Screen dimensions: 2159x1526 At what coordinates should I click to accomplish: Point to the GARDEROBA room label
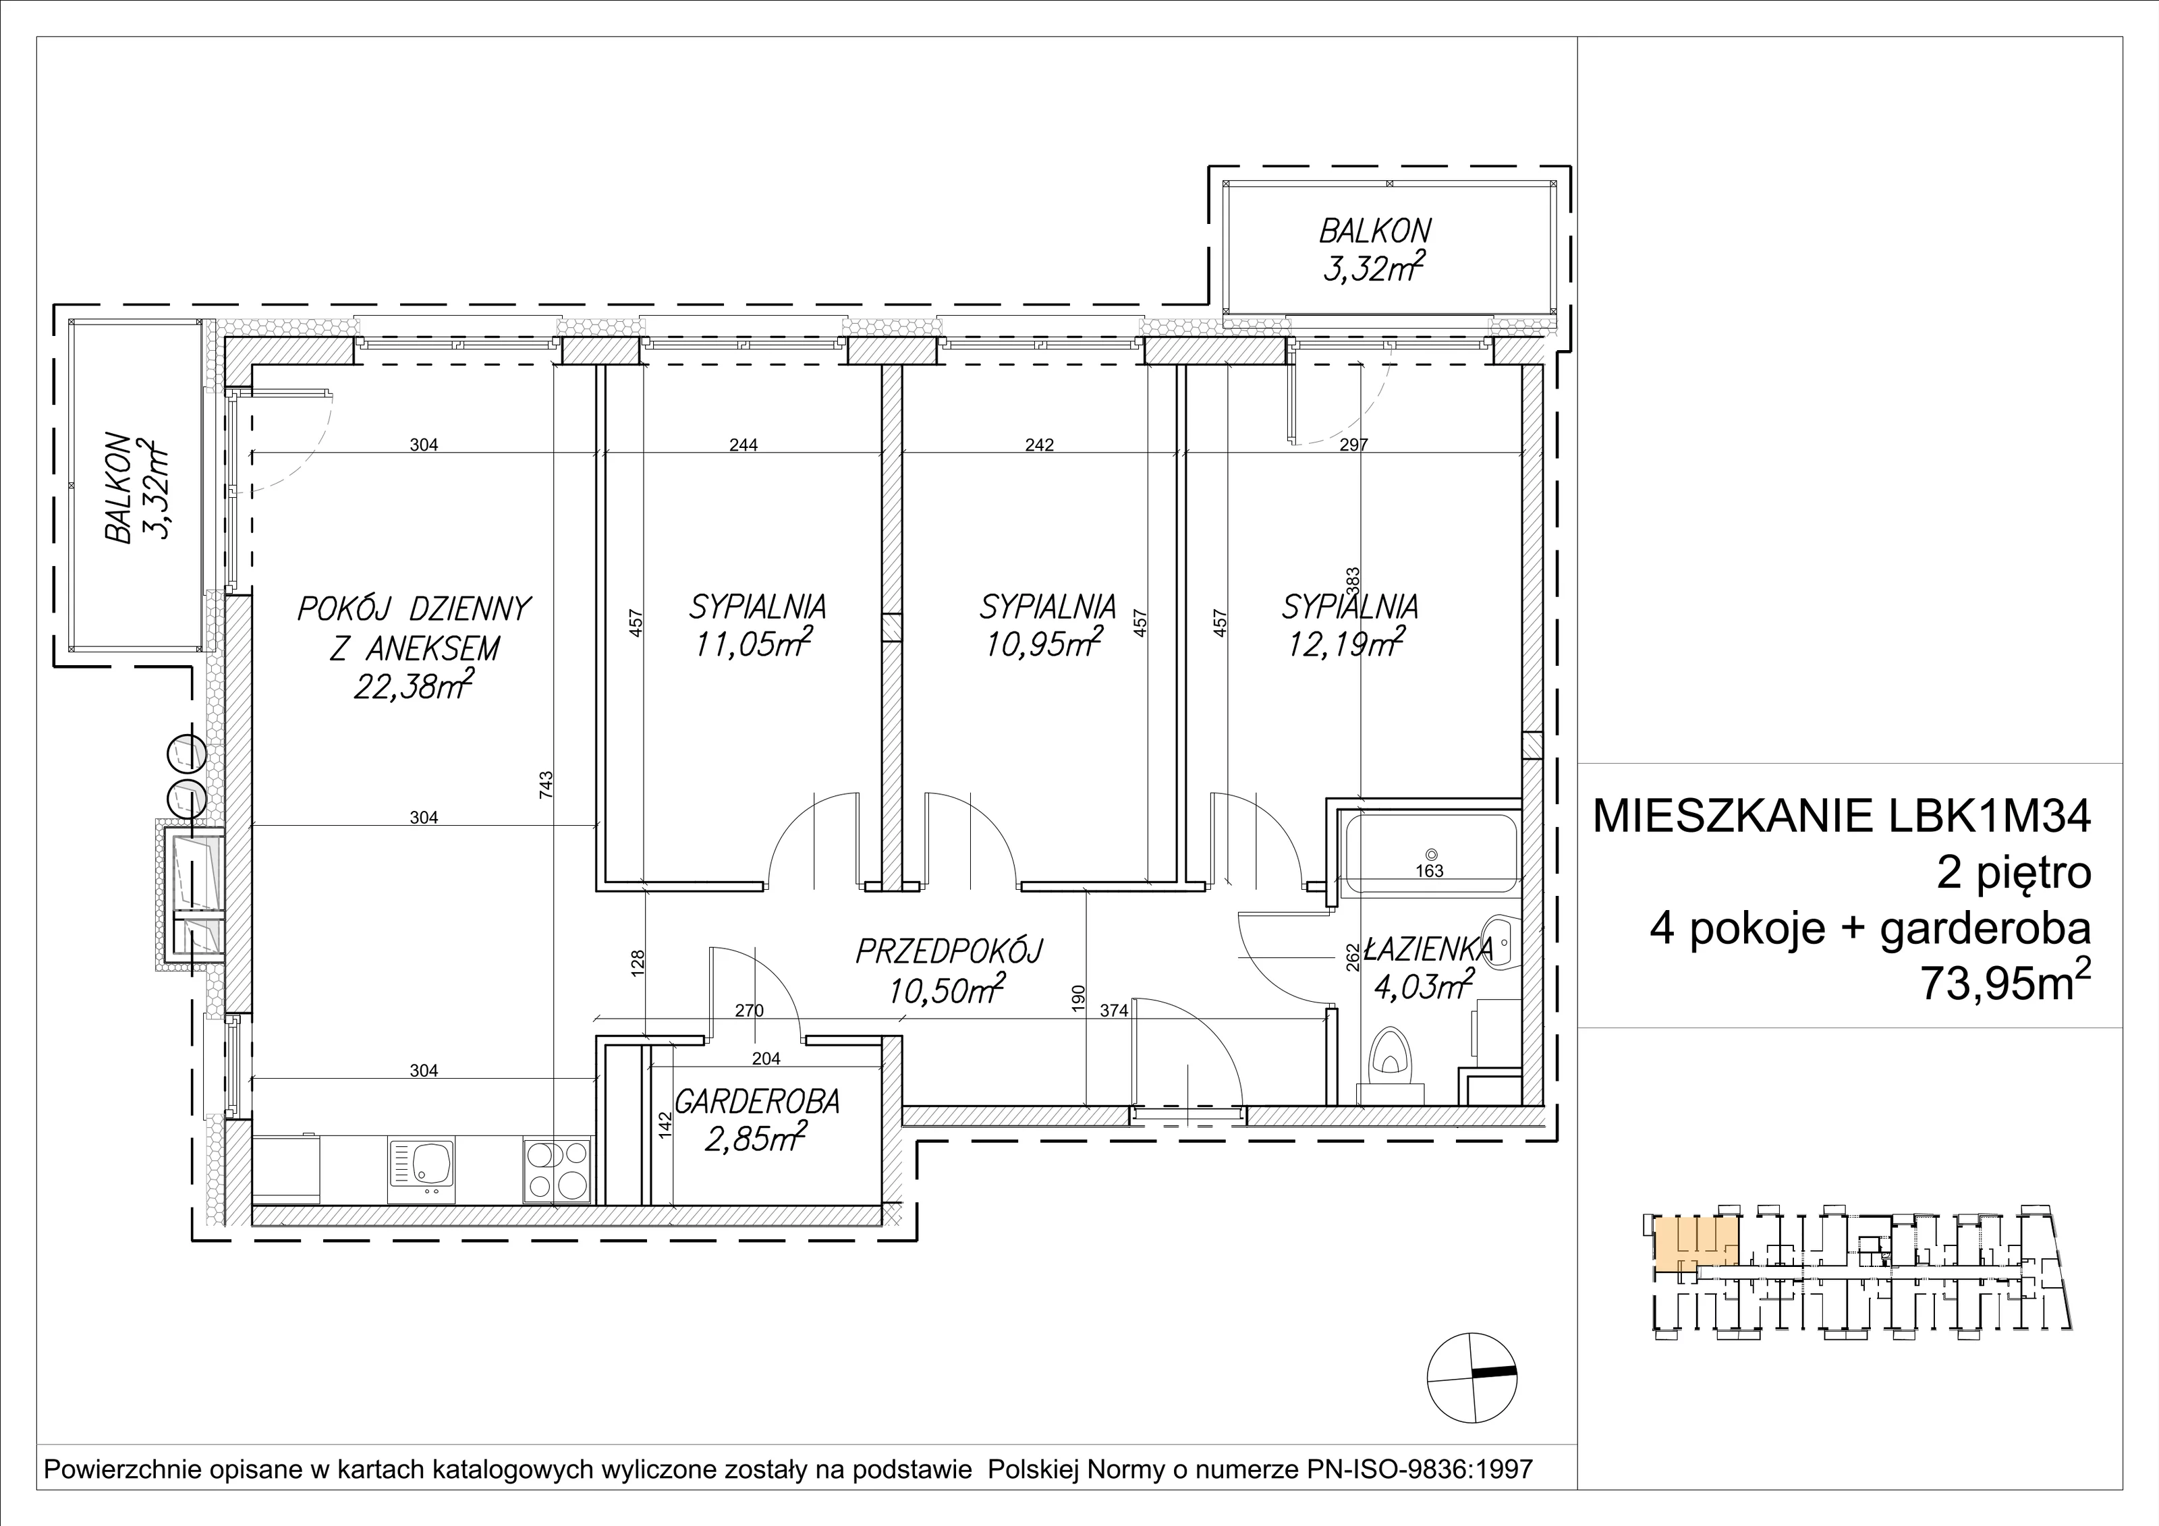click(x=757, y=1102)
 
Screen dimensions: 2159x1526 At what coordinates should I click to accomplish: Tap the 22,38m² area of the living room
click(x=413, y=685)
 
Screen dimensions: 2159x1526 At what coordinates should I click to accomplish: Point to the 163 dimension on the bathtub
click(x=1429, y=871)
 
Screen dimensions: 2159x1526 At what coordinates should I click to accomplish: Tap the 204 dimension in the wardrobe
click(x=767, y=1058)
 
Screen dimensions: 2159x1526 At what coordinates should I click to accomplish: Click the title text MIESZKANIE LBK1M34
click(x=1841, y=817)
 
